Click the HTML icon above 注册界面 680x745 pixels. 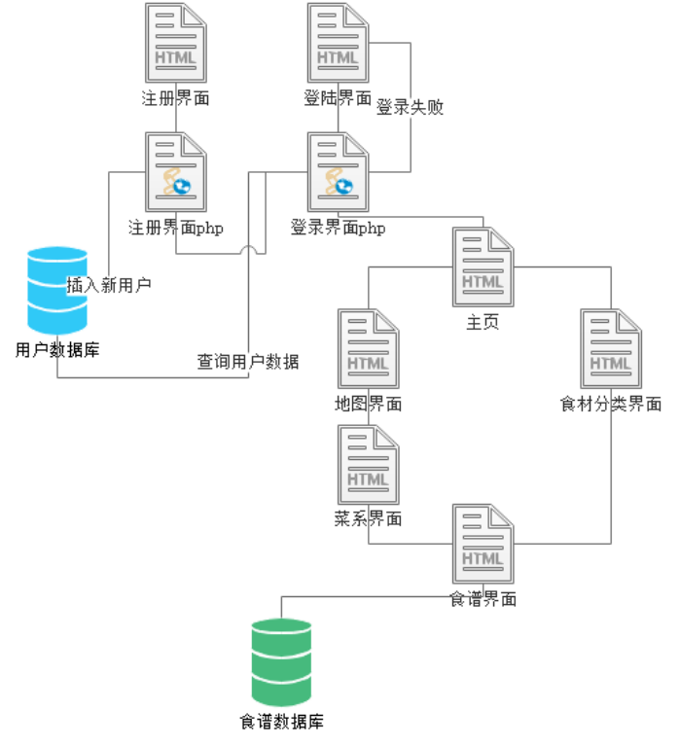176,44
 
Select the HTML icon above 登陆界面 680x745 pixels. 339,44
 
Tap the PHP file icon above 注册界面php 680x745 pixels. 176,173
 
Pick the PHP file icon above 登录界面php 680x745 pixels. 339,173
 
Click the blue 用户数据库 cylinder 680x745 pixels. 57,290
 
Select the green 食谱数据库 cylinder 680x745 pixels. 281,661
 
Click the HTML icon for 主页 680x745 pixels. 483,268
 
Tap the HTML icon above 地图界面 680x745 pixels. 368,349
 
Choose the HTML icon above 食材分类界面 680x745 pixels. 611,349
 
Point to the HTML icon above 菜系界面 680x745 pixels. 368,465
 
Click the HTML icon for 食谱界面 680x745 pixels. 483,545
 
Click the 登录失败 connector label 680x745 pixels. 410,108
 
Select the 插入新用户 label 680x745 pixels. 109,286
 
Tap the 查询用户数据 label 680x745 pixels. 248,362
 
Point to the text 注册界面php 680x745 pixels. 176,229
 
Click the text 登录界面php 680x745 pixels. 338,229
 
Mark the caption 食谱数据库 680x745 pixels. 282,722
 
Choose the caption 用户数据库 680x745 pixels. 57,348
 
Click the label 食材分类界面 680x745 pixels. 611,404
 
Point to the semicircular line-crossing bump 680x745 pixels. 250,251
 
